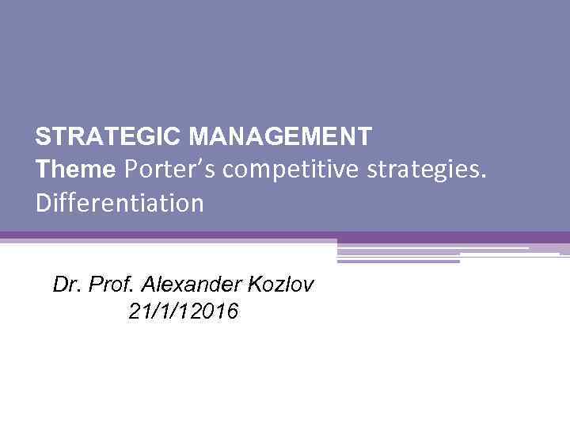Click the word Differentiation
click(x=120, y=204)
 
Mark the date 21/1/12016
click(x=182, y=312)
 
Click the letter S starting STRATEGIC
click(x=42, y=137)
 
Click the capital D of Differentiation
click(x=43, y=204)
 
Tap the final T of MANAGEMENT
click(x=363, y=137)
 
